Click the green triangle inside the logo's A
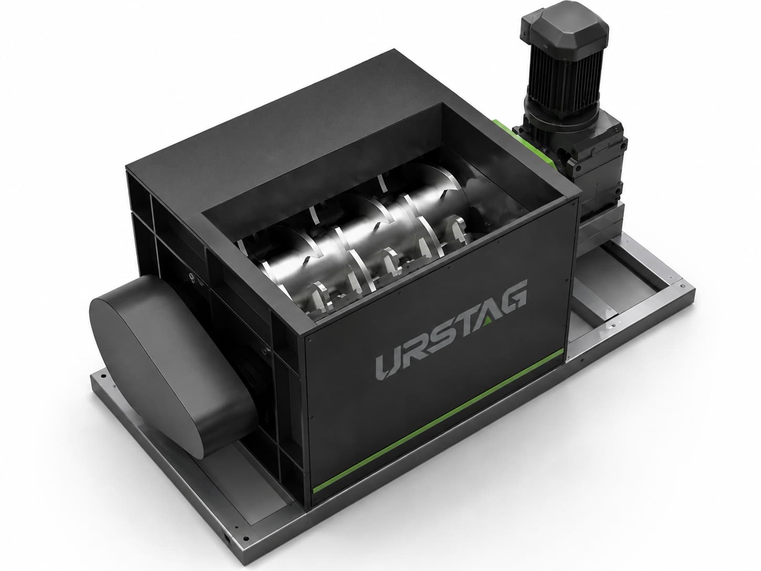click(487, 321)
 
